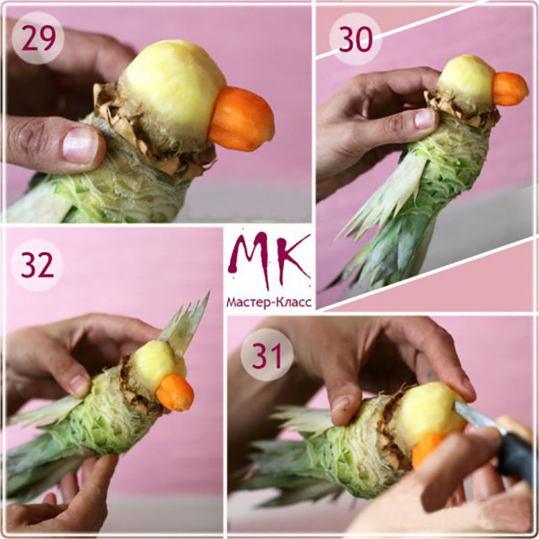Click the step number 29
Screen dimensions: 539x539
pyautogui.click(x=38, y=38)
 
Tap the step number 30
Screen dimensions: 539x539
pyautogui.click(x=356, y=39)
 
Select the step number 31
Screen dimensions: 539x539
pyautogui.click(x=267, y=355)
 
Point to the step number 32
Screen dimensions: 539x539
pyautogui.click(x=37, y=265)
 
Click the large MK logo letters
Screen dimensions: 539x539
pyautogui.click(x=269, y=260)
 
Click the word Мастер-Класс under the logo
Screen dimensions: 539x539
pyautogui.click(x=269, y=303)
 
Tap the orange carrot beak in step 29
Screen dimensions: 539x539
pyautogui.click(x=241, y=119)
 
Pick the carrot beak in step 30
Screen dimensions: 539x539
pyautogui.click(x=509, y=89)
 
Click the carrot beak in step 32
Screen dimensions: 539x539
pyautogui.click(x=175, y=393)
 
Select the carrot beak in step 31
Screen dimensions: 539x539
pyautogui.click(x=426, y=449)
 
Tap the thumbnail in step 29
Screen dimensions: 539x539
pyautogui.click(x=80, y=144)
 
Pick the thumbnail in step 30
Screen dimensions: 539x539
pyautogui.click(x=425, y=119)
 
